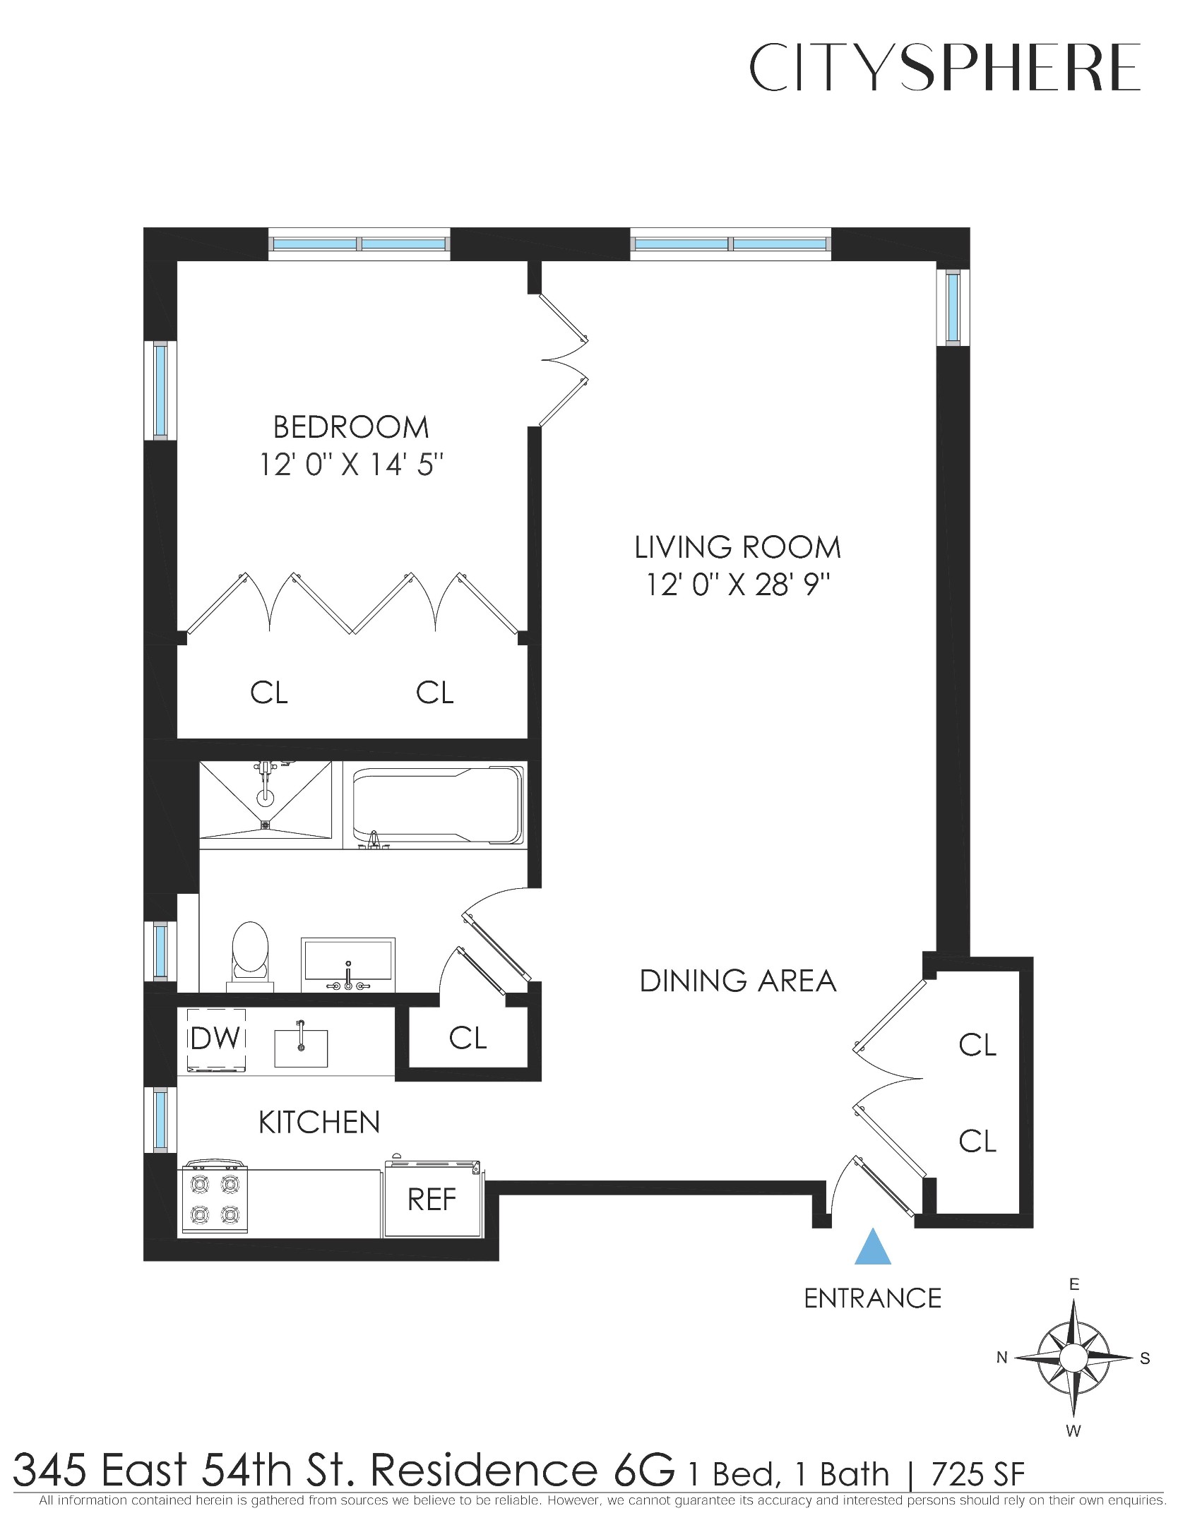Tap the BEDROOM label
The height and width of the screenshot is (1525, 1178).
pyautogui.click(x=351, y=428)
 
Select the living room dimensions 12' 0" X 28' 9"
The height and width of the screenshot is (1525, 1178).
pyautogui.click(x=737, y=585)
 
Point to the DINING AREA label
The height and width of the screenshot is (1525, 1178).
pyautogui.click(x=737, y=981)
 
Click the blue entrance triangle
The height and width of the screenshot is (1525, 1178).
pyautogui.click(x=873, y=1248)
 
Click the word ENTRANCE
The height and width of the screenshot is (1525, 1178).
pyautogui.click(x=872, y=1298)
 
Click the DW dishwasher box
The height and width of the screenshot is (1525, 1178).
pyautogui.click(x=216, y=1039)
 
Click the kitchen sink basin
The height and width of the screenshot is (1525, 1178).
pyautogui.click(x=301, y=1048)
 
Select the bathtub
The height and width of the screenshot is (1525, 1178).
pyautogui.click(x=438, y=805)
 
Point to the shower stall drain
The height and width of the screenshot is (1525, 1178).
pyautogui.click(x=266, y=824)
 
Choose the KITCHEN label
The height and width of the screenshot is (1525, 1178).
pyautogui.click(x=319, y=1123)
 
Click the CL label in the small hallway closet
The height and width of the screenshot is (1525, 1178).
pyautogui.click(x=468, y=1038)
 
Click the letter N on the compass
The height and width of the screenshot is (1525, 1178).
pyautogui.click(x=1001, y=1357)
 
